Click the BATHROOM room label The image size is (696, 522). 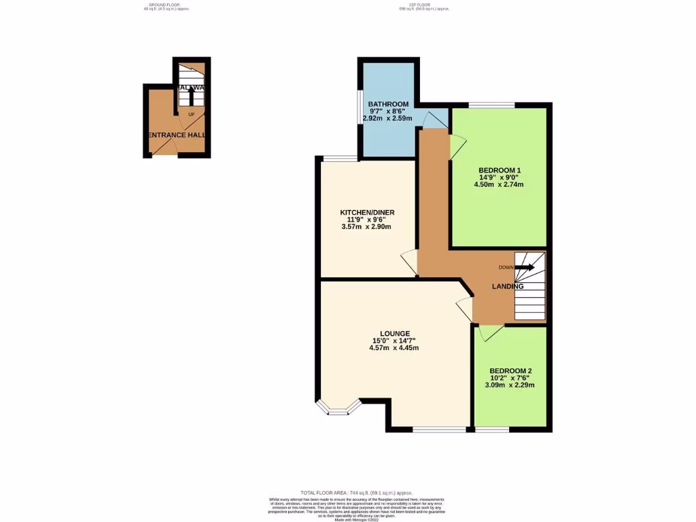389,104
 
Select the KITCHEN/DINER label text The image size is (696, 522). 367,213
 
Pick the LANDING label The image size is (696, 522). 508,287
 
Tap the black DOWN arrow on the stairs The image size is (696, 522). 525,268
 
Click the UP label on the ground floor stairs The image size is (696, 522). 191,114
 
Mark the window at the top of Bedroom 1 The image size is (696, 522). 491,105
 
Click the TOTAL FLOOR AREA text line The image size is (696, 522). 356,492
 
